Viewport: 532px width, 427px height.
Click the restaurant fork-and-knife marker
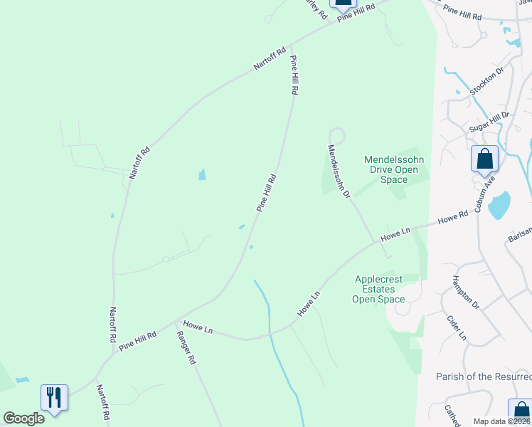tap(54, 397)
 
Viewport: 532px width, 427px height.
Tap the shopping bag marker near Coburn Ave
tap(484, 159)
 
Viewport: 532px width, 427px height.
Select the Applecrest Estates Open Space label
tap(378, 290)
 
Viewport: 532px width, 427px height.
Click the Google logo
tap(23, 418)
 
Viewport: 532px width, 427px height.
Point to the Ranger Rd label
tap(186, 349)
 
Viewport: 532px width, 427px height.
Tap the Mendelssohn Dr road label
tap(339, 172)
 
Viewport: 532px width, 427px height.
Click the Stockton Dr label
tap(486, 80)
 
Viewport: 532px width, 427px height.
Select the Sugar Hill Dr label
tap(489, 121)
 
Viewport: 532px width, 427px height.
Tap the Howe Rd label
tap(453, 216)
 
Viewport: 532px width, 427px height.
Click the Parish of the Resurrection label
tap(484, 376)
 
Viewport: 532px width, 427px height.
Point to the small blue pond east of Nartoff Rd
tap(202, 174)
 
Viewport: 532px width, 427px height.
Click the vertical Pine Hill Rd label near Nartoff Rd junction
tap(293, 76)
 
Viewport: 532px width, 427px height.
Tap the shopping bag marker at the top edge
tap(344, 4)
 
